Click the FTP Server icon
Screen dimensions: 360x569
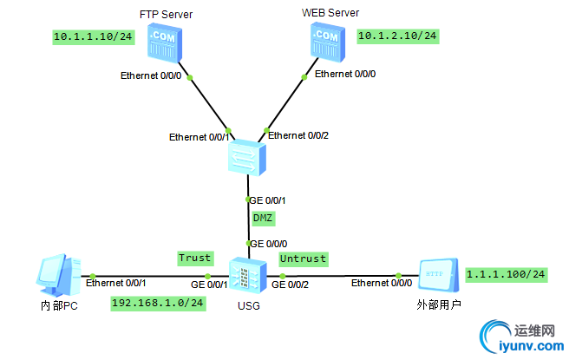pos(163,46)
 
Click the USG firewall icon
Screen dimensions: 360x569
pos(245,277)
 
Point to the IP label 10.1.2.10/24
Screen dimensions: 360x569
pos(397,36)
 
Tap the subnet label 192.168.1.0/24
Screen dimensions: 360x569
pos(158,303)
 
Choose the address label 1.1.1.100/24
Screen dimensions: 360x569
pos(506,274)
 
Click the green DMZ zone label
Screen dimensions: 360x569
pos(263,217)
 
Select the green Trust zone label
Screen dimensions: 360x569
pos(194,258)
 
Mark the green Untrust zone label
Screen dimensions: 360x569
pos(303,259)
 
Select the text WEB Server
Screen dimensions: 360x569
pos(330,13)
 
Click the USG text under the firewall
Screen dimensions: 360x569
pos(247,306)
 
